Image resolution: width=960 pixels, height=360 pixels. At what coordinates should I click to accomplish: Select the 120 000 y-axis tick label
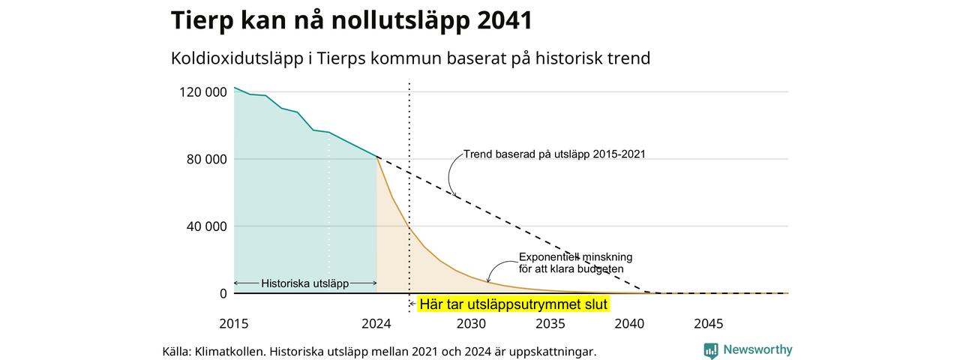pyautogui.click(x=203, y=92)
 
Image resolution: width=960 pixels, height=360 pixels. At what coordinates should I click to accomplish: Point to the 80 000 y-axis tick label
pyautogui.click(x=206, y=160)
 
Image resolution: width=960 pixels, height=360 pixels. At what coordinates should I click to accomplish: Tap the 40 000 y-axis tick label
pyautogui.click(x=206, y=226)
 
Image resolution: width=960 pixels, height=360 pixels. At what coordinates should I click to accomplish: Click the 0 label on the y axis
pyautogui.click(x=223, y=293)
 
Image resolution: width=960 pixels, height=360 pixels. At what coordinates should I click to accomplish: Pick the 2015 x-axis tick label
pyautogui.click(x=233, y=323)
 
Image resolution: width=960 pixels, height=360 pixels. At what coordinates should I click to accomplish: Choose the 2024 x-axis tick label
pyautogui.click(x=376, y=323)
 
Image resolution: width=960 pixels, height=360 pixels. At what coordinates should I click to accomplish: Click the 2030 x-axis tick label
pyautogui.click(x=471, y=323)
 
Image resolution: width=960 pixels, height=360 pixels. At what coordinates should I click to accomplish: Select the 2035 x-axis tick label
pyautogui.click(x=550, y=323)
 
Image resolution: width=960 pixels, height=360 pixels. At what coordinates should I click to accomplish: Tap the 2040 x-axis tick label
pyautogui.click(x=629, y=323)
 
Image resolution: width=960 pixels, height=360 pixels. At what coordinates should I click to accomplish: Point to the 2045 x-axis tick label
pyautogui.click(x=709, y=323)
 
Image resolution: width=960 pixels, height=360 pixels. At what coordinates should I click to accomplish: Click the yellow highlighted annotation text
pyautogui.click(x=514, y=304)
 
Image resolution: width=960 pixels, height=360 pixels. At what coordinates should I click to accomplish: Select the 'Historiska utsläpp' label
pyautogui.click(x=305, y=283)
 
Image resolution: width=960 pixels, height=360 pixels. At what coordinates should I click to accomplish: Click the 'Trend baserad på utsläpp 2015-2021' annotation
pyautogui.click(x=554, y=154)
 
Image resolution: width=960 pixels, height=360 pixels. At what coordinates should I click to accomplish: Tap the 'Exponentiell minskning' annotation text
pyautogui.click(x=575, y=257)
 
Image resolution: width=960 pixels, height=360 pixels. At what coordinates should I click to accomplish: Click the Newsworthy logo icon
pyautogui.click(x=711, y=351)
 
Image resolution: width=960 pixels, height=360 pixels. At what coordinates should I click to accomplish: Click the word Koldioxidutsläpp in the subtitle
pyautogui.click(x=237, y=58)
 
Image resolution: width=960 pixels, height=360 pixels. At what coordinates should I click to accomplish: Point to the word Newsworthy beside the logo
pyautogui.click(x=757, y=349)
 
